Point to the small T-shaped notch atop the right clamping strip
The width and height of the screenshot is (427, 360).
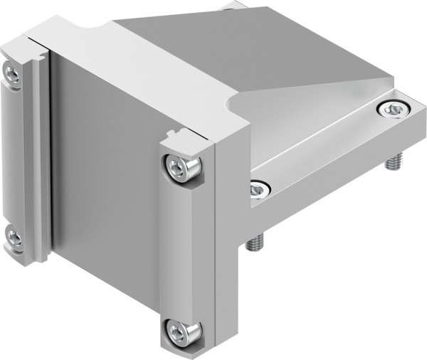(x=174, y=134)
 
